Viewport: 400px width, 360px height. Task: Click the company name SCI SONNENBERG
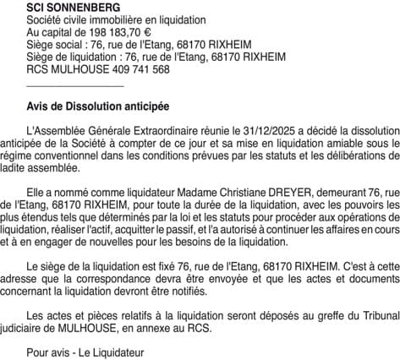(67, 7)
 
